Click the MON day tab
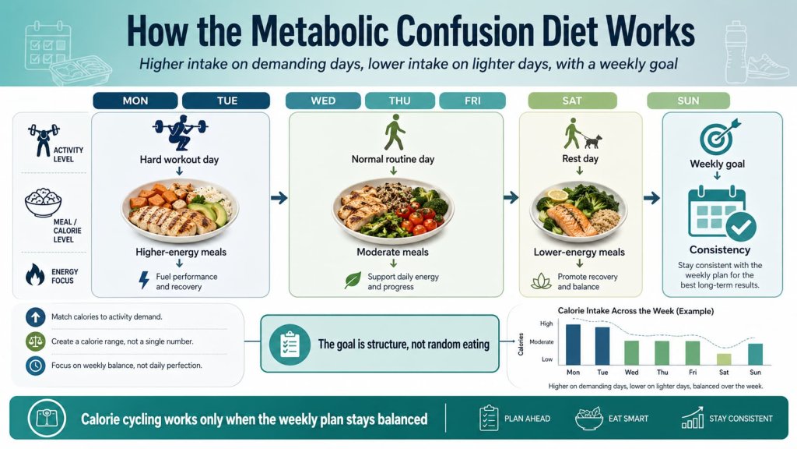click(135, 101)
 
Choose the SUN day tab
click(689, 101)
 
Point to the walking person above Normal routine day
click(394, 133)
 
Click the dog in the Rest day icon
click(593, 141)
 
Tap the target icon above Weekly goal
click(717, 136)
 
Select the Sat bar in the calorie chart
click(724, 359)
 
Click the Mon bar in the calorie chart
click(573, 345)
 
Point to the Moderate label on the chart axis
click(542, 341)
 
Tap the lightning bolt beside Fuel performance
click(143, 281)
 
